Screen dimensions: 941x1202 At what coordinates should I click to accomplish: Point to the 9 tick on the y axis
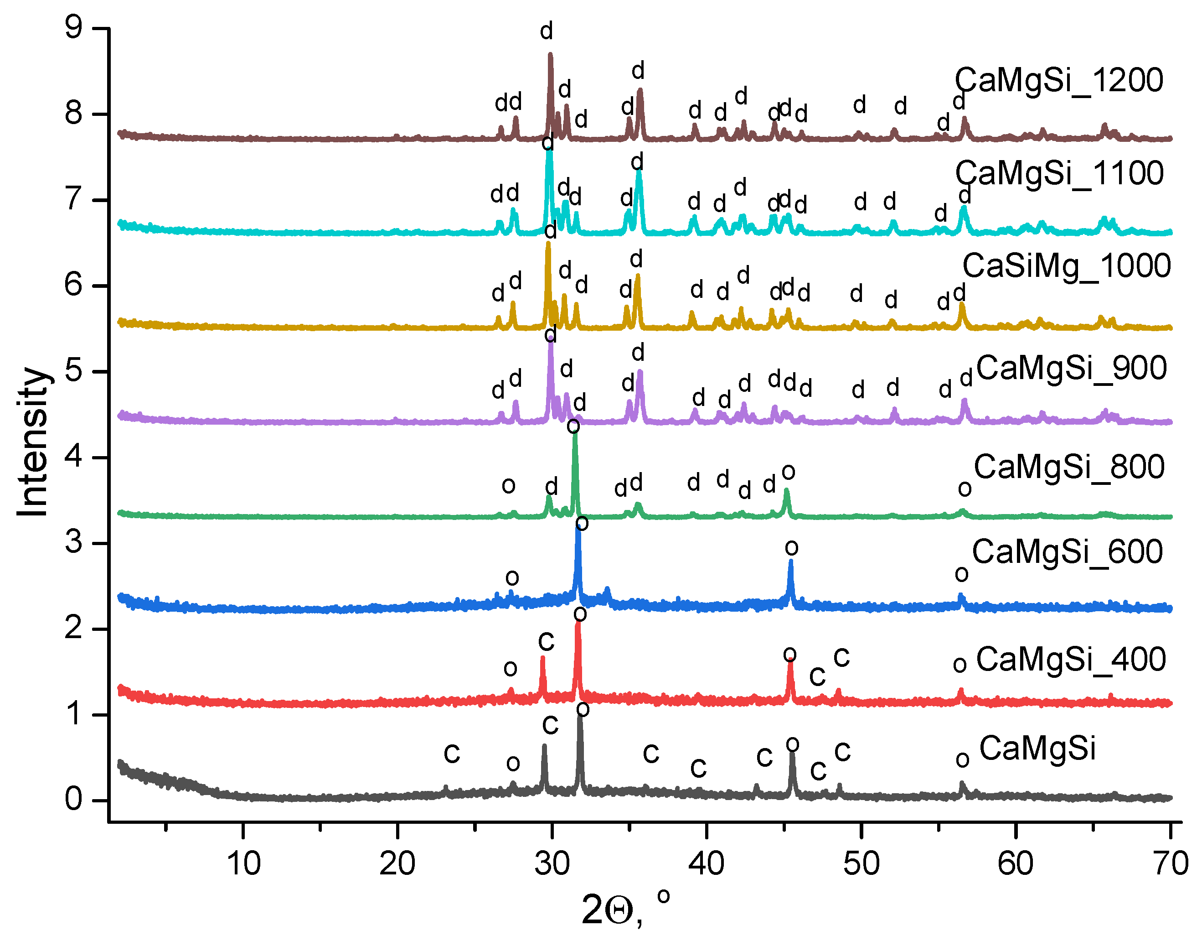(x=73, y=27)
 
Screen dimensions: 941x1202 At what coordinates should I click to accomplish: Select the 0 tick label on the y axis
(x=73, y=800)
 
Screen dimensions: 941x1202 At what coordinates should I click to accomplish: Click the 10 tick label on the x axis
(x=243, y=863)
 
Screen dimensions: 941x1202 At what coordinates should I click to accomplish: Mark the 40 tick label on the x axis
(x=706, y=863)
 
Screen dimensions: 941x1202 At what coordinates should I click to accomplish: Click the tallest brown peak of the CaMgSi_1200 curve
(x=550, y=55)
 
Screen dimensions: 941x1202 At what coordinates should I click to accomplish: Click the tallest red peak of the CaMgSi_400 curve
(x=578, y=624)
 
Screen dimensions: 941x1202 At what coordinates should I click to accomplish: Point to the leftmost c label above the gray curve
(x=452, y=753)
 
